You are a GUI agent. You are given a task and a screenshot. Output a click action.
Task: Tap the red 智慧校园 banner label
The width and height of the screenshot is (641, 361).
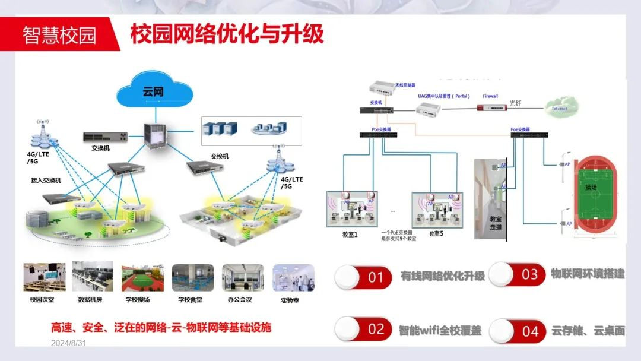(x=59, y=34)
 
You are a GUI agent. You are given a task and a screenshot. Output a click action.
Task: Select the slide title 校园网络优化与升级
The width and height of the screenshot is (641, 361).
(x=227, y=33)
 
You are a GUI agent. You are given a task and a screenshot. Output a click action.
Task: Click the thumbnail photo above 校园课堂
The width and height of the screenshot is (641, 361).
(x=45, y=277)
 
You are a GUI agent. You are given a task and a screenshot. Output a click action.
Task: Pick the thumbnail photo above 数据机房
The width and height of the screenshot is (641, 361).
(x=92, y=277)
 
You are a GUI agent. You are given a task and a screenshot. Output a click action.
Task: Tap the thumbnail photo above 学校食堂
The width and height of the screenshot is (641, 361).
(x=192, y=277)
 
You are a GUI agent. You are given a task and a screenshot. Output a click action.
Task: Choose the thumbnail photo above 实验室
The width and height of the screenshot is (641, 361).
(x=293, y=277)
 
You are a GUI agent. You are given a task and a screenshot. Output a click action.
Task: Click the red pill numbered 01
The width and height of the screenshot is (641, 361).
(x=363, y=277)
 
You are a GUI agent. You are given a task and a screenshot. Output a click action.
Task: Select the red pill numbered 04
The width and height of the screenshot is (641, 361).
(x=518, y=331)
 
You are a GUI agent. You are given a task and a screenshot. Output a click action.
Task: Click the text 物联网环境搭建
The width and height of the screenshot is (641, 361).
(x=588, y=274)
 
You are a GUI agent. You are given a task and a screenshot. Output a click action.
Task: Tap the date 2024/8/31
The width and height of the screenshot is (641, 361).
(x=69, y=343)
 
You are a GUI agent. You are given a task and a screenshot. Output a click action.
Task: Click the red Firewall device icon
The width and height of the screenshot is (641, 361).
(x=491, y=107)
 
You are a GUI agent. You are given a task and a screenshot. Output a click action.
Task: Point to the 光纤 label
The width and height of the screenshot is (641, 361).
(x=516, y=103)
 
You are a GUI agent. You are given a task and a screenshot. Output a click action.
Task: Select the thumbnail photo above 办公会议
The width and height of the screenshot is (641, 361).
(x=243, y=277)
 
